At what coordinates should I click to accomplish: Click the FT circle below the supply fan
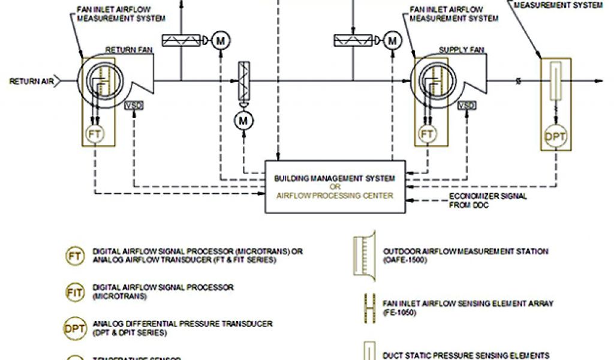coord(427,133)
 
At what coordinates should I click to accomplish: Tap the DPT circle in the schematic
coord(555,137)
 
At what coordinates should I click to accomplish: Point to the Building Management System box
coord(335,185)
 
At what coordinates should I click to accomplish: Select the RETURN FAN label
coord(126,50)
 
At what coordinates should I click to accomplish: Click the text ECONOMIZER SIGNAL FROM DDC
coord(479,200)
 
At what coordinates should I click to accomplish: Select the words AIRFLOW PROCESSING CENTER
coord(335,196)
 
